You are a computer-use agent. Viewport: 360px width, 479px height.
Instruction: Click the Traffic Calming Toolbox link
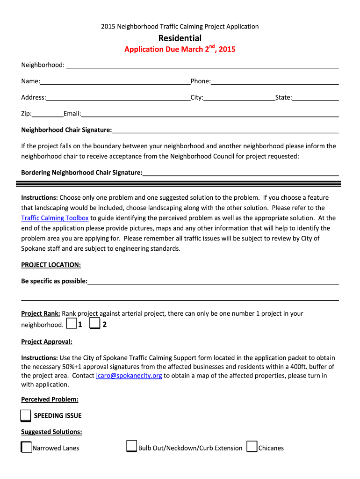pos(55,218)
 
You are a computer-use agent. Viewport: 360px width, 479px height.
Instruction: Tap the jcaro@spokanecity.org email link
pos(129,376)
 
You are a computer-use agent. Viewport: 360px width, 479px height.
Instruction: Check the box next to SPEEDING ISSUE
pos(26,416)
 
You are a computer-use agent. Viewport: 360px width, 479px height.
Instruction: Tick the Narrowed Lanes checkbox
pos(27,448)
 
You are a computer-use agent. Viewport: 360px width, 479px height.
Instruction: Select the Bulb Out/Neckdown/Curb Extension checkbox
pos(132,447)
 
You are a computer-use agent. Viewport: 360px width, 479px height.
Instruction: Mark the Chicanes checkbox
pos(252,447)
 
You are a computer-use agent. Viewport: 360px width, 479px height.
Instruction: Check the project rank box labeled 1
pos(72,324)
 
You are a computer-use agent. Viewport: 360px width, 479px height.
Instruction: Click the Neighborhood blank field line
pos(202,66)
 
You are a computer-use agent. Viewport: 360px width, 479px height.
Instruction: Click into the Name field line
pos(115,82)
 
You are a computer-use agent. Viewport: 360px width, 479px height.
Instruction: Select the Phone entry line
pos(274,82)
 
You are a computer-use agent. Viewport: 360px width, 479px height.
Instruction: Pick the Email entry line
pos(210,115)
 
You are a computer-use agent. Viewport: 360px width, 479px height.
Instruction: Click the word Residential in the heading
pos(180,38)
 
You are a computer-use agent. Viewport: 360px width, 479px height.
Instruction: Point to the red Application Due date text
pos(180,49)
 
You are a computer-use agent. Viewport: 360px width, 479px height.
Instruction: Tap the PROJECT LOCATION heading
pos(51,265)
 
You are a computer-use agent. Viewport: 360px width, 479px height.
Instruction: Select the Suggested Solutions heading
pos(51,432)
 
